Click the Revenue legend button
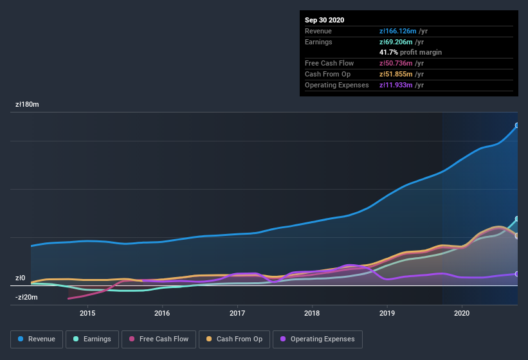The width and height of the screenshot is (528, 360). click(x=37, y=339)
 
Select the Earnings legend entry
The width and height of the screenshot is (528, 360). click(x=92, y=339)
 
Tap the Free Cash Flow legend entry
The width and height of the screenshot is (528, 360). click(x=158, y=339)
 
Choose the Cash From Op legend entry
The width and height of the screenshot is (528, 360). click(x=233, y=339)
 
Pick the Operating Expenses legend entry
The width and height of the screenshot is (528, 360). click(x=318, y=339)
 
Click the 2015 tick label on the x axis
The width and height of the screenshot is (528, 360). click(x=87, y=313)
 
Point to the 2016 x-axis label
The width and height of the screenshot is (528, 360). click(x=162, y=313)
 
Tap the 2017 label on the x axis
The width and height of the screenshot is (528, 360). click(x=237, y=313)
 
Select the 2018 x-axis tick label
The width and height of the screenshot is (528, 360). click(x=312, y=313)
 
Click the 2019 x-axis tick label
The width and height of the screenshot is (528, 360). click(x=387, y=313)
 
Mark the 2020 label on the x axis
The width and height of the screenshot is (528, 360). click(x=462, y=313)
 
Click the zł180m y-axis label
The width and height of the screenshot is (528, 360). click(x=27, y=104)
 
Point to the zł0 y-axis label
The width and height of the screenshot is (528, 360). click(x=20, y=278)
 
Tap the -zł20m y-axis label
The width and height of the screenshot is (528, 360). click(x=26, y=297)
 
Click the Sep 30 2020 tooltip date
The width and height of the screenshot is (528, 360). click(x=324, y=20)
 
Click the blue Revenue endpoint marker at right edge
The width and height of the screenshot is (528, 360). click(x=517, y=125)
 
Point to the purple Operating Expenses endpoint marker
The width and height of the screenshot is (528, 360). click(x=517, y=274)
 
